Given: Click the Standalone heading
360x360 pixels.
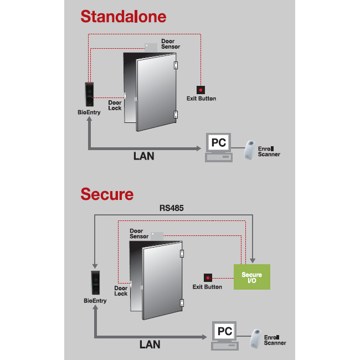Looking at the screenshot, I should [123, 16].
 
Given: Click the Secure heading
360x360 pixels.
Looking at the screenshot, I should [107, 194].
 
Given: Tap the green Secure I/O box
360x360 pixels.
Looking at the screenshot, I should [252, 277].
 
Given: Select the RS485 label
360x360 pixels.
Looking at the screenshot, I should [172, 209].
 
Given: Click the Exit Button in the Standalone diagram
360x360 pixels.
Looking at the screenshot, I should [200, 89].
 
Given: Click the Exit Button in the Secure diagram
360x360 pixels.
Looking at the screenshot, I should [208, 277].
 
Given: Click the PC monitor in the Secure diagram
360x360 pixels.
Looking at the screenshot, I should [224, 331].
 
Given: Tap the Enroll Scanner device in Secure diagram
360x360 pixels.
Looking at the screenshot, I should [256, 338].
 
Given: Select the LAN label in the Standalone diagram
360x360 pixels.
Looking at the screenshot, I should [143, 156].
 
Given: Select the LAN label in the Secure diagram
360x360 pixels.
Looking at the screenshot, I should [150, 344].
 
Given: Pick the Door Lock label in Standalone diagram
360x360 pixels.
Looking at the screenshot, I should [115, 105].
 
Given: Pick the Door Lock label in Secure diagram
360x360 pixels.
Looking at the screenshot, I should [121, 291].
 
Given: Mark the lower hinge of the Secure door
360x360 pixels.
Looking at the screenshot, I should [182, 302].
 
